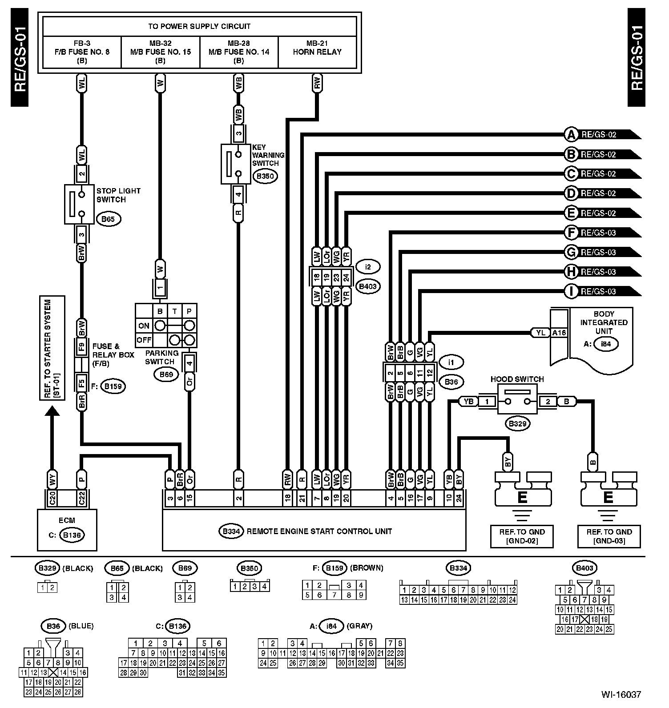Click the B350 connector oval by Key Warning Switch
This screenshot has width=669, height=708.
pos(265,176)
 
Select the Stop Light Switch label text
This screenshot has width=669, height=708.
pos(118,195)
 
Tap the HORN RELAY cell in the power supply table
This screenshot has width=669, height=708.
pos(317,52)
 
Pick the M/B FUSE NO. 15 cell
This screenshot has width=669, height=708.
pos(161,52)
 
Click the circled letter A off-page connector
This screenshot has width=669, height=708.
pos(571,134)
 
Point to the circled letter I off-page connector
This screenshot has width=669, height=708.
pos(571,291)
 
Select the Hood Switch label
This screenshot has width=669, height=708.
pos(517,379)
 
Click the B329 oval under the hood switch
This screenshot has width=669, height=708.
pos(518,423)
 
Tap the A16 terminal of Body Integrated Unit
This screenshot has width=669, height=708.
pos(559,333)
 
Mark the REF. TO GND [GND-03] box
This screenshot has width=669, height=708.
pos(609,536)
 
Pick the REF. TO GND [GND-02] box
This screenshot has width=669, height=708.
pos(522,536)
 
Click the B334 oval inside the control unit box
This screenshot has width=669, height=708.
pos(231,531)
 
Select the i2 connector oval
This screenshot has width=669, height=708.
pos(367,267)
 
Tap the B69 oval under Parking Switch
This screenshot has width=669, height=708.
pos(166,374)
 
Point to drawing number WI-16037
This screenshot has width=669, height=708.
pos(621,694)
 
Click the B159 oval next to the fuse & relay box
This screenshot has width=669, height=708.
pos(113,386)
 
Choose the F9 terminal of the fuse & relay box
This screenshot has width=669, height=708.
pos(81,347)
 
